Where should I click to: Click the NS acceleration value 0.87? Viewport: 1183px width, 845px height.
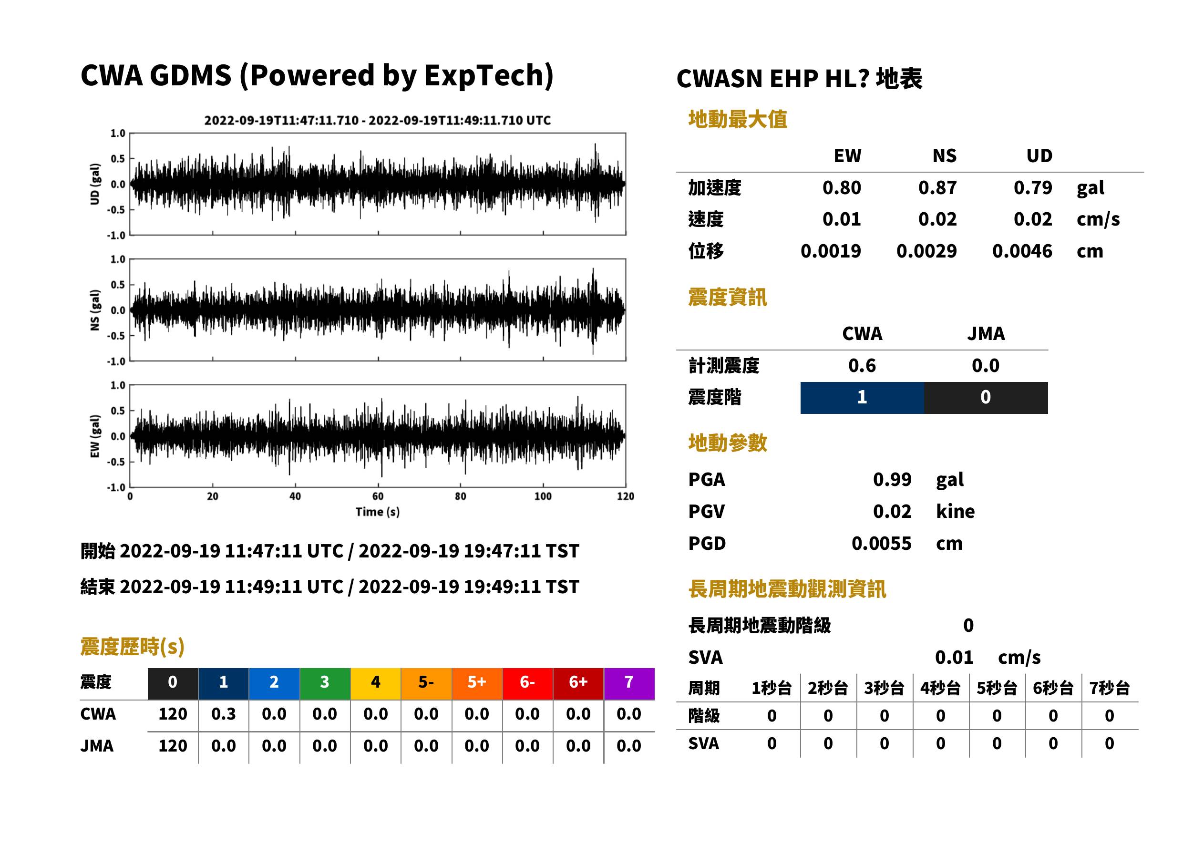pyautogui.click(x=937, y=188)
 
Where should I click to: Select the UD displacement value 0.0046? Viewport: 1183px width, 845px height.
pyautogui.click(x=1022, y=251)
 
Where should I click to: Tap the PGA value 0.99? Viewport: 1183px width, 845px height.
pyautogui.click(x=892, y=479)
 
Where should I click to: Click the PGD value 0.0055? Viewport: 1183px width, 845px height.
pyautogui.click(x=881, y=543)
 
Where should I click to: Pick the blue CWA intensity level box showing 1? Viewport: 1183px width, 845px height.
pyautogui.click(x=862, y=398)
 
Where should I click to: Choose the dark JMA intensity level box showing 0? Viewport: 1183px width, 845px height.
pyautogui.click(x=986, y=398)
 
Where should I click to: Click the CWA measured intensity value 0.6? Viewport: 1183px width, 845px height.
pyautogui.click(x=862, y=366)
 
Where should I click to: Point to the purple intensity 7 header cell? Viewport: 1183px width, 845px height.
pyautogui.click(x=629, y=683)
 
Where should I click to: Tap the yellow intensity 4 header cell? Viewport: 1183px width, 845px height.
pyautogui.click(x=376, y=683)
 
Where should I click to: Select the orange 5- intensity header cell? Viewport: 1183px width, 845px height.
pyautogui.click(x=426, y=683)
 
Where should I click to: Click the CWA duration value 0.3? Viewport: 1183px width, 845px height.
pyautogui.click(x=223, y=714)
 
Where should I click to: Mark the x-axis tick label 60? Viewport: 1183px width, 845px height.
pyautogui.click(x=378, y=496)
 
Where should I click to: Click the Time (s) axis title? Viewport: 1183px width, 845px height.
pyautogui.click(x=378, y=512)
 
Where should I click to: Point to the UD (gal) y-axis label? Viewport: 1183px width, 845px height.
pyautogui.click(x=95, y=184)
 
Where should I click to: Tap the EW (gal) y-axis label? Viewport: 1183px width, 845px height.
pyautogui.click(x=95, y=436)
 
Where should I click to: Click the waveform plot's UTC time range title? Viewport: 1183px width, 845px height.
pyautogui.click(x=378, y=120)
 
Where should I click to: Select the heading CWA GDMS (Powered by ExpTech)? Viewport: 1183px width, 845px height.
pyautogui.click(x=317, y=76)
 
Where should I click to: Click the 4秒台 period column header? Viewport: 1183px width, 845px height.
pyautogui.click(x=941, y=689)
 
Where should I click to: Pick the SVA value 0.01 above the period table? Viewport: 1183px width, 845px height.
pyautogui.click(x=954, y=658)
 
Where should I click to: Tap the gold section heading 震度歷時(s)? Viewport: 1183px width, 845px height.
pyautogui.click(x=133, y=647)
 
